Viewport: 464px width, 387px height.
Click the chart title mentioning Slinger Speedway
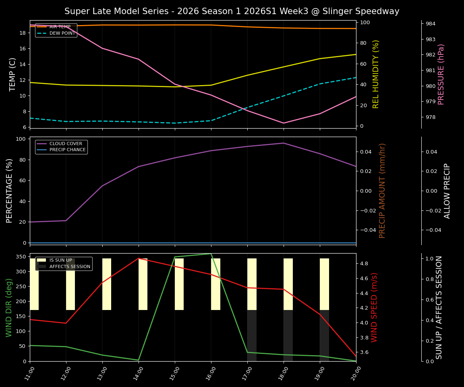(232, 11)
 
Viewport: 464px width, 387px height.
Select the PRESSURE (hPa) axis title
(441, 74)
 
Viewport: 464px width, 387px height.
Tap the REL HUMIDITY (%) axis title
(376, 74)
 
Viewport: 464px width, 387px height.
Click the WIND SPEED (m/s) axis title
(375, 307)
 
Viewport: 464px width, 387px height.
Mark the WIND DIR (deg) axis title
(9, 307)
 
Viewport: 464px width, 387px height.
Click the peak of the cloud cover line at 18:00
(284, 143)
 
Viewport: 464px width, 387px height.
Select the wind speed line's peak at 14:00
(139, 258)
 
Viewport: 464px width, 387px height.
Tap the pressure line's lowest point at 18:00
(284, 123)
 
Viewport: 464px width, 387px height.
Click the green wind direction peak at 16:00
(211, 254)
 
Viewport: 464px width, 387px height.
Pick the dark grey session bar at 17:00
(252, 335)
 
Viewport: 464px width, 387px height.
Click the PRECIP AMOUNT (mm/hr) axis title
(383, 190)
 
